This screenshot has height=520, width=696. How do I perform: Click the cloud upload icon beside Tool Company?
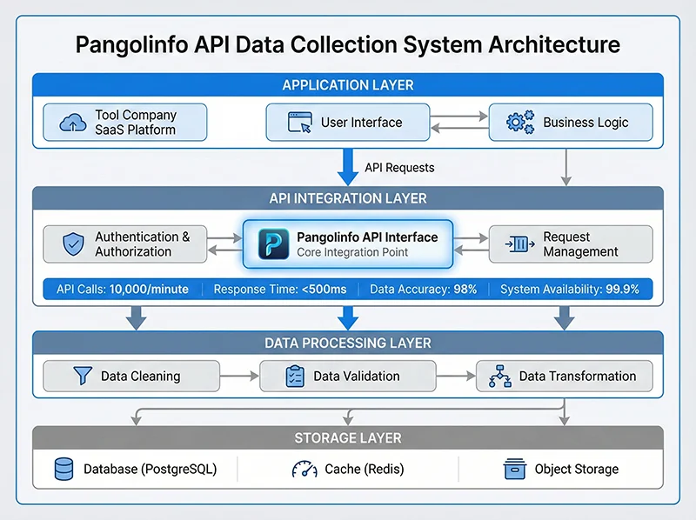pyautogui.click(x=72, y=123)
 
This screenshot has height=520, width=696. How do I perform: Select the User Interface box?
pyautogui.click(x=346, y=123)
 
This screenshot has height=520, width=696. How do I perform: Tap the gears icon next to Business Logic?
pyautogui.click(x=519, y=123)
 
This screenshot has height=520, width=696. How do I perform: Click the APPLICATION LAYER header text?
pyautogui.click(x=348, y=85)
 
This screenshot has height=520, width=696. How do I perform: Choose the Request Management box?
pyautogui.click(x=570, y=244)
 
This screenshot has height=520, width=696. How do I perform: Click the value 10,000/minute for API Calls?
pyautogui.click(x=149, y=290)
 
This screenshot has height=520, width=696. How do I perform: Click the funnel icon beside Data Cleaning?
pyautogui.click(x=82, y=377)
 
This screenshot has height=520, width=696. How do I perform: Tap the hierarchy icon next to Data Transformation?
pyautogui.click(x=501, y=377)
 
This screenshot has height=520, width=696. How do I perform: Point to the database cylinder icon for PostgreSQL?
pyautogui.click(x=63, y=470)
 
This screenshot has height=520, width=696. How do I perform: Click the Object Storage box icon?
pyautogui.click(x=515, y=470)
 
